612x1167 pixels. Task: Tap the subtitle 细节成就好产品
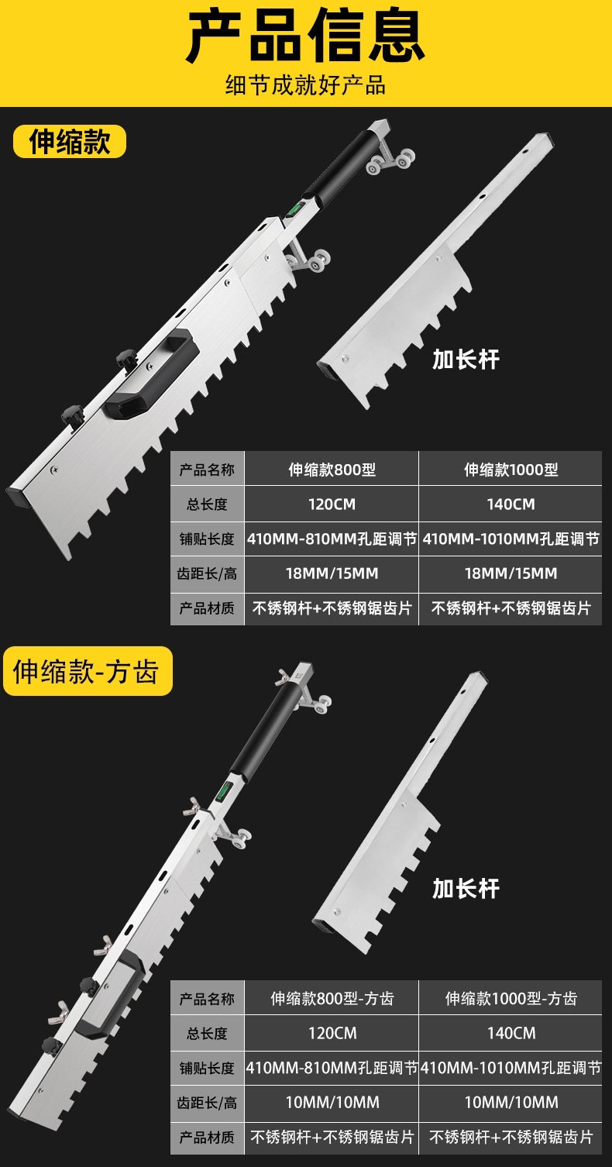pyautogui.click(x=306, y=85)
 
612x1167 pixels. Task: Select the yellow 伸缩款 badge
pyautogui.click(x=70, y=141)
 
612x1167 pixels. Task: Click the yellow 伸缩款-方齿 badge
pyautogui.click(x=88, y=671)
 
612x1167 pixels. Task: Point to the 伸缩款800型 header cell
pyautogui.click(x=332, y=470)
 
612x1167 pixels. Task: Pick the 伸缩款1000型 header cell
pyautogui.click(x=511, y=470)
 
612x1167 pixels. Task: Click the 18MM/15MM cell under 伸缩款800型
pyautogui.click(x=332, y=573)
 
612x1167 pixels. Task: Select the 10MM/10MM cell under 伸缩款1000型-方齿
pyautogui.click(x=511, y=1102)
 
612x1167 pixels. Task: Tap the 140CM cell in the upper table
pyautogui.click(x=511, y=504)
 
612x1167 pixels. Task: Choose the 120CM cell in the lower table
pyautogui.click(x=332, y=1033)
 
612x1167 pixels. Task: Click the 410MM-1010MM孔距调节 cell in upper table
pyautogui.click(x=511, y=539)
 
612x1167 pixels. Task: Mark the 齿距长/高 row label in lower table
pyautogui.click(x=207, y=1103)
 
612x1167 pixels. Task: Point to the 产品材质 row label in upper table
pyautogui.click(x=207, y=608)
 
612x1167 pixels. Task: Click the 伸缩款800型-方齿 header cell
pyautogui.click(x=332, y=998)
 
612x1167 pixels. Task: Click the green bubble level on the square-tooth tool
pyautogui.click(x=225, y=790)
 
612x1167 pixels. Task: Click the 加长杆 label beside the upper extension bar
pyautogui.click(x=466, y=360)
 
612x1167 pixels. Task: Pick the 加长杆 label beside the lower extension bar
pyautogui.click(x=466, y=888)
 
